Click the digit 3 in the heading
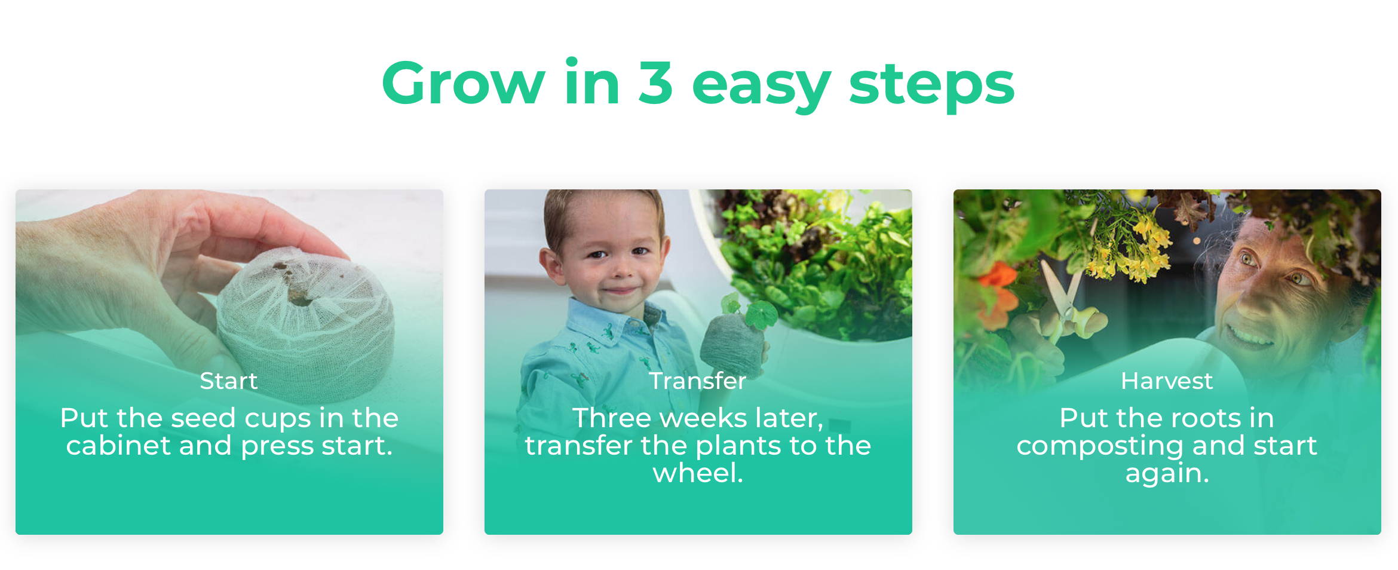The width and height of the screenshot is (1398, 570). (x=655, y=82)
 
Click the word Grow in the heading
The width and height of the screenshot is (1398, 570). (x=463, y=82)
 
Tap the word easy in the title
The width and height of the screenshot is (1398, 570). (x=761, y=88)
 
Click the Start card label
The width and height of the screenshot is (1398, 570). (x=229, y=381)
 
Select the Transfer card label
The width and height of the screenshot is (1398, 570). (x=698, y=381)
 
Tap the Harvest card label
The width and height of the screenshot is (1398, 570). (x=1167, y=381)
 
